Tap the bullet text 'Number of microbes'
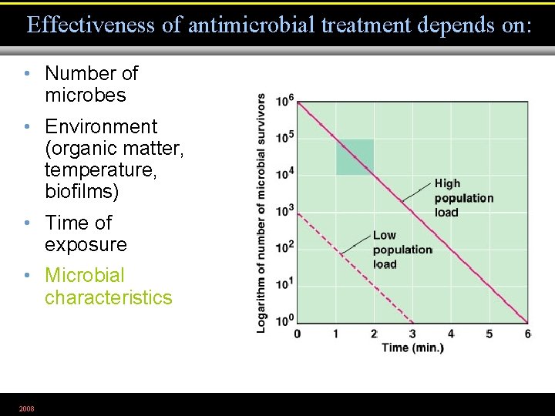[91, 85]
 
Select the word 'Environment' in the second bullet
[101, 126]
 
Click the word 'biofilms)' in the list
[82, 190]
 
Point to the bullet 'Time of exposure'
[86, 233]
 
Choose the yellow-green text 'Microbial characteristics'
[108, 287]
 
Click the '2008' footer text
[26, 408]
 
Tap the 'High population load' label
[463, 198]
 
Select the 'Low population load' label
[402, 250]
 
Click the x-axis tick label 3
[412, 334]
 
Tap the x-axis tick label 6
[528, 334]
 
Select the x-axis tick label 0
[298, 334]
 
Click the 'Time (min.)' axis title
[412, 347]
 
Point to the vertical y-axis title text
[262, 213]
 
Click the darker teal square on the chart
[355, 157]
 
